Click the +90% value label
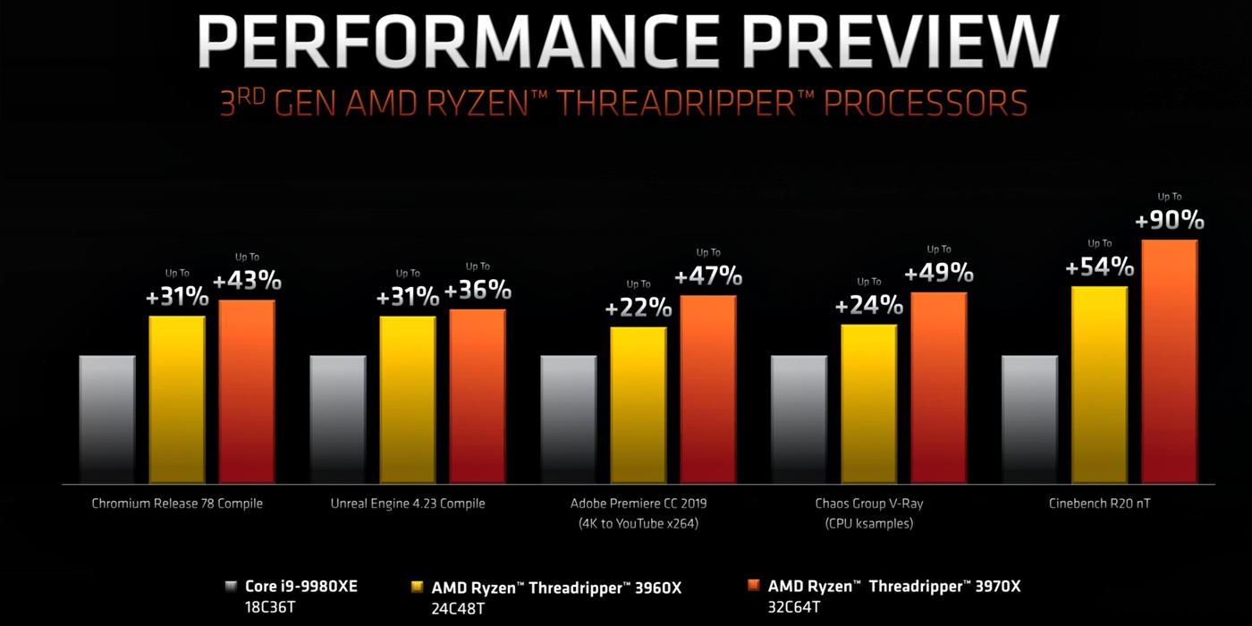click(x=1169, y=221)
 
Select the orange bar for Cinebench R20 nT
click(x=1169, y=361)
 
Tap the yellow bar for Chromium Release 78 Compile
click(x=177, y=399)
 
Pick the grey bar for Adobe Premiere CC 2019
click(x=568, y=419)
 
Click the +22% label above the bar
click(x=639, y=309)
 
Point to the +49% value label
click(x=939, y=273)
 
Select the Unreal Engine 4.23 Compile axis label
click(x=408, y=503)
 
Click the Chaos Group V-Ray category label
click(x=868, y=503)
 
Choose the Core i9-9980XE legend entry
click(x=301, y=587)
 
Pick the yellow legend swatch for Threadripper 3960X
click(x=417, y=588)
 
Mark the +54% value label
click(x=1099, y=266)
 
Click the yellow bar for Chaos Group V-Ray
click(x=868, y=403)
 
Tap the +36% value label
click(x=478, y=290)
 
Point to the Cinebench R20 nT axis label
click(x=1099, y=503)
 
